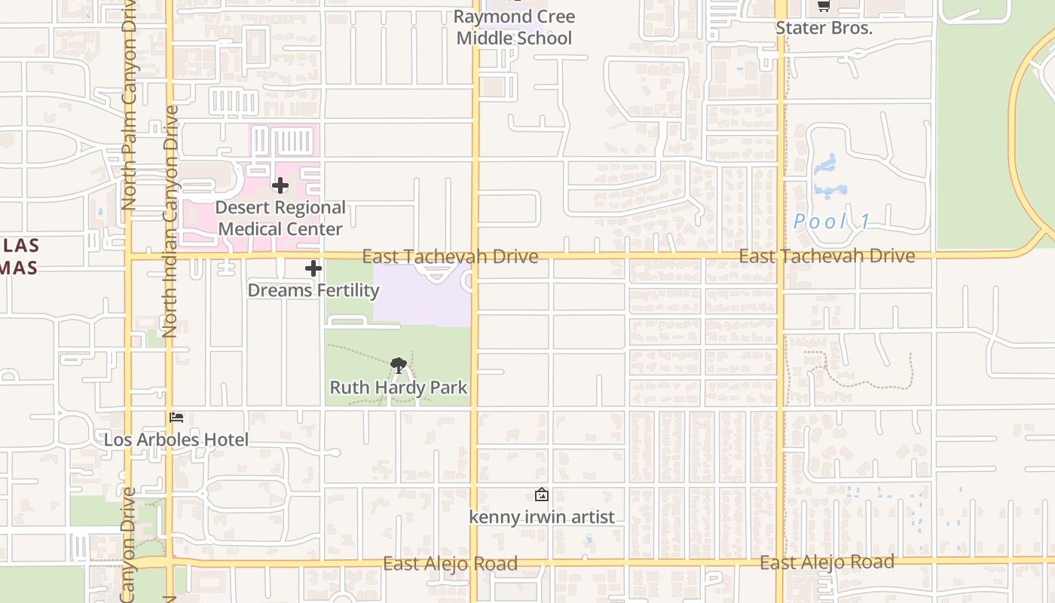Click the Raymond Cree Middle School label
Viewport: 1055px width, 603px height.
coord(515,27)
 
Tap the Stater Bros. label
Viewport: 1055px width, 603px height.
coord(824,29)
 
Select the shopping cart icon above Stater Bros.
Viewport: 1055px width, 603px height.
coord(824,7)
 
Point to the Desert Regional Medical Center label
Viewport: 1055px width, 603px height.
coord(280,218)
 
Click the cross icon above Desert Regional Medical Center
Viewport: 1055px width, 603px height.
coord(280,185)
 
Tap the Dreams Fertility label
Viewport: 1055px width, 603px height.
coord(313,290)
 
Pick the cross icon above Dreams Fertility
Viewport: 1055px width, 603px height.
coord(313,268)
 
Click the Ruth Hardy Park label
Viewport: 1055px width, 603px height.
coord(399,387)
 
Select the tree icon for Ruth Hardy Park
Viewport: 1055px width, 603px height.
coord(399,366)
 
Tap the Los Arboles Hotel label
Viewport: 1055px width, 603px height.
coord(176,439)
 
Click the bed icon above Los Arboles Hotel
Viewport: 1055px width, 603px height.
coord(177,418)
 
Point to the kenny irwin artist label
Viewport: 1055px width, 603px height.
coord(542,517)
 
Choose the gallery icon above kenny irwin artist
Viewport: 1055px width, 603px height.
coord(541,495)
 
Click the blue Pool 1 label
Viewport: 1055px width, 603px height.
coord(832,222)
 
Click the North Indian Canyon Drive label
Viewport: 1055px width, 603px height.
coord(170,221)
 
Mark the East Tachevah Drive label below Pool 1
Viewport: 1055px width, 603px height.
coord(827,256)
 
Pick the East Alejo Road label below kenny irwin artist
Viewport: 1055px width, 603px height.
coord(450,564)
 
